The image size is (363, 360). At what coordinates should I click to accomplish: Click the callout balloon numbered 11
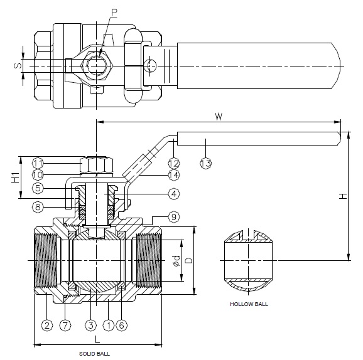pyautogui.click(x=38, y=163)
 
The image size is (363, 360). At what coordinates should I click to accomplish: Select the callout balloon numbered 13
pyautogui.click(x=205, y=163)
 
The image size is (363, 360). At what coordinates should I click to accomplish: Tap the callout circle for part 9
pyautogui.click(x=174, y=217)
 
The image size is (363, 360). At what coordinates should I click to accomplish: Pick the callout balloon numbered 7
pyautogui.click(x=65, y=326)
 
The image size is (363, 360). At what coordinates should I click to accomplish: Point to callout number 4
pyautogui.click(x=174, y=194)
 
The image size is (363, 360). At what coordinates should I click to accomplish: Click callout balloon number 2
pyautogui.click(x=47, y=326)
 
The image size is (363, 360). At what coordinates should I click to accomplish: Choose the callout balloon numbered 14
pyautogui.click(x=174, y=175)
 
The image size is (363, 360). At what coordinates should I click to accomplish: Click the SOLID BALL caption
pyautogui.click(x=94, y=354)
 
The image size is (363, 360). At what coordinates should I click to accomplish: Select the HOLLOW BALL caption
pyautogui.click(x=249, y=304)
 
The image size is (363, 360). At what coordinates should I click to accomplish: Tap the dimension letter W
pyautogui.click(x=219, y=117)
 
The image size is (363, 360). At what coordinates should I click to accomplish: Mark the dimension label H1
pyautogui.click(x=15, y=177)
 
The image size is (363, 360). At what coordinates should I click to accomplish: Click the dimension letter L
pyautogui.click(x=97, y=340)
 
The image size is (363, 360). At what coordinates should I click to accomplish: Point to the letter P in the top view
pyautogui.click(x=114, y=13)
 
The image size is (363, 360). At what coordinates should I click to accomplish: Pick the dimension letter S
pyautogui.click(x=18, y=66)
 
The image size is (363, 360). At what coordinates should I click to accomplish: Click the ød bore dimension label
pyautogui.click(x=176, y=260)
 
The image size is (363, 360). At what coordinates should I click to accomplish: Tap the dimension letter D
pyautogui.click(x=189, y=260)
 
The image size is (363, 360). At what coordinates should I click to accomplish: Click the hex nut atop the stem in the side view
pyautogui.click(x=96, y=165)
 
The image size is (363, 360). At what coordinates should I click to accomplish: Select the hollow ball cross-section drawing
pyautogui.click(x=249, y=260)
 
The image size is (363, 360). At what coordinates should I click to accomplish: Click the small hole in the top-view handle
pyautogui.click(x=150, y=66)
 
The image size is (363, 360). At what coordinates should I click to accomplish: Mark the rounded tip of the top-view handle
pyautogui.click(x=340, y=66)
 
